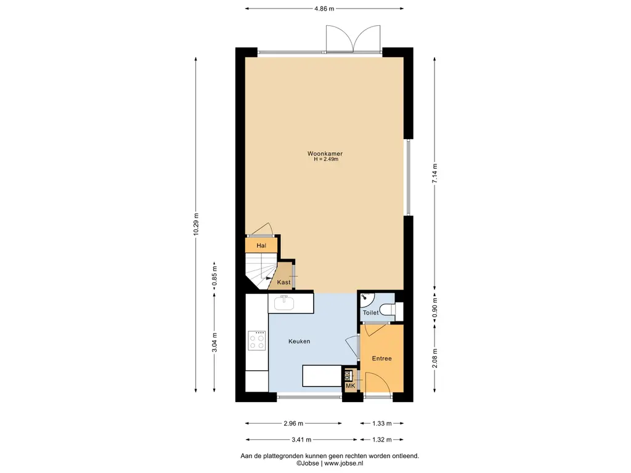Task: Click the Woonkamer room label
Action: (x=325, y=153)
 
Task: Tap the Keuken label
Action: (x=299, y=341)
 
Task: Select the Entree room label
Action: (x=381, y=358)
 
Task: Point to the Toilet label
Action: (x=370, y=312)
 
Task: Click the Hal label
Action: (x=261, y=245)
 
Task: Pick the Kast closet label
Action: (x=283, y=282)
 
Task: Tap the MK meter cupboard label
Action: (x=350, y=386)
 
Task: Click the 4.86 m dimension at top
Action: (x=324, y=9)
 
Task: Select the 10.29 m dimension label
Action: (x=195, y=224)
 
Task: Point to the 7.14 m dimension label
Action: (x=434, y=173)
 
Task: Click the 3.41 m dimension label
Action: (x=301, y=440)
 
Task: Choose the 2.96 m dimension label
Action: (x=293, y=423)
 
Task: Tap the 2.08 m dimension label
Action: (x=434, y=358)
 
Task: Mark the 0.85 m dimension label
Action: (x=214, y=276)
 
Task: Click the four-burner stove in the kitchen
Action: (x=257, y=341)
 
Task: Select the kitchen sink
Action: (x=284, y=302)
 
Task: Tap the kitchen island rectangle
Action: (x=322, y=376)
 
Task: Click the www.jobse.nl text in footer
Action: (x=344, y=463)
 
